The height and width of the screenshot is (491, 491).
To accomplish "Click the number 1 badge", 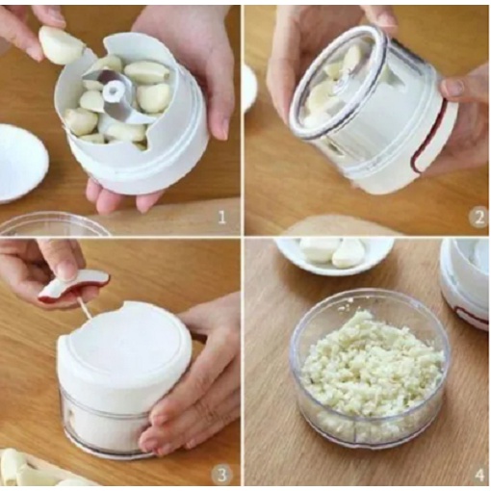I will click(x=222, y=218).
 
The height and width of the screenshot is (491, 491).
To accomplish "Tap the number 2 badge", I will click(x=478, y=218).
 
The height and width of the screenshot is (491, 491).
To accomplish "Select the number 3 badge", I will click(x=222, y=473).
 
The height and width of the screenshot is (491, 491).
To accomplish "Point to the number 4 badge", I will click(x=478, y=473).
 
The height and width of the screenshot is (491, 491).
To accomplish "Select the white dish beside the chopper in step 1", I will click(x=19, y=162).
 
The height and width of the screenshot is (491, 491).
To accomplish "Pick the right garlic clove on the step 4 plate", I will click(x=349, y=252).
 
